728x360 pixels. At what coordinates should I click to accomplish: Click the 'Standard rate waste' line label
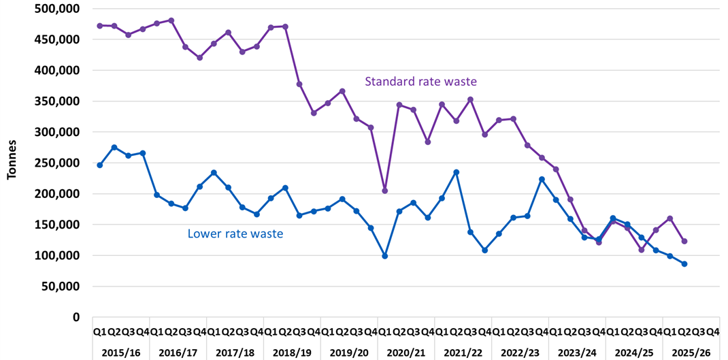coord(420,82)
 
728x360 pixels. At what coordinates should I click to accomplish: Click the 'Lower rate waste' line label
coord(235,234)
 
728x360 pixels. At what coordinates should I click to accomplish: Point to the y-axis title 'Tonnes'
coord(12,162)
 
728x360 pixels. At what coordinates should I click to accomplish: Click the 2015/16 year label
coord(120,353)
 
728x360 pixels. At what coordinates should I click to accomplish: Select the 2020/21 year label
coord(406,353)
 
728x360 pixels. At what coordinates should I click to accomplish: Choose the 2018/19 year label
coord(291,353)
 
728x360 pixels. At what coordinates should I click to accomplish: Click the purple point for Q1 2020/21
coord(385,191)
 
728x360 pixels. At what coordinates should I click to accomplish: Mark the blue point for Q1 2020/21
coord(385,256)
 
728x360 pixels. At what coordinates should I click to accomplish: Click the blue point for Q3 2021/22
coord(457,172)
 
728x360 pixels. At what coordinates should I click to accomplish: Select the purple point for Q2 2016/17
coord(171,20)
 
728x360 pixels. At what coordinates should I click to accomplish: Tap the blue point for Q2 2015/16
coord(114,147)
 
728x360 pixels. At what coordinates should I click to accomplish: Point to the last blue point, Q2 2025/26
coord(684,264)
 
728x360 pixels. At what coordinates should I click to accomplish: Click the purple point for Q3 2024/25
coord(642,250)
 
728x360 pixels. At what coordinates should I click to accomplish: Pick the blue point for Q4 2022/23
coord(542,179)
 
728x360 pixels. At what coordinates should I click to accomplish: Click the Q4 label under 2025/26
coord(713,332)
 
